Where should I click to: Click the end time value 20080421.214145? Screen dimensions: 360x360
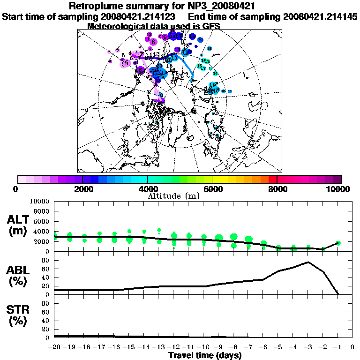tap(321, 16)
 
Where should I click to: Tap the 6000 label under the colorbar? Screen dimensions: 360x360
tap(212, 189)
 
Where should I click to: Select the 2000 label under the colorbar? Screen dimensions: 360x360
tap(82, 189)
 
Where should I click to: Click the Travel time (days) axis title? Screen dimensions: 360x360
tap(205, 356)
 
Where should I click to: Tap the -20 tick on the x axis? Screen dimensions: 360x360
tap(54, 347)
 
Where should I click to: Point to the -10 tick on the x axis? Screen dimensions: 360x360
tap(203, 347)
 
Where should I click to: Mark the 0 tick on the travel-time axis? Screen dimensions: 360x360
tap(352, 347)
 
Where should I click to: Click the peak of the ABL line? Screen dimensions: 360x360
tap(308, 262)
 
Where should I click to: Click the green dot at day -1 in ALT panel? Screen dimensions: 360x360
tap(338, 243)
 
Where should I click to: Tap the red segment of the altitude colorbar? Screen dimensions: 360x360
tap(273, 179)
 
